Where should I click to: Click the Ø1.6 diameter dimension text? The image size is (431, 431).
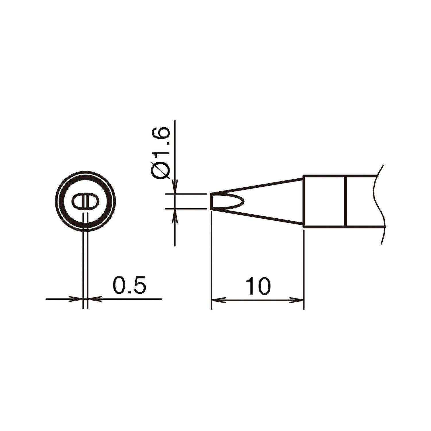coord(162,154)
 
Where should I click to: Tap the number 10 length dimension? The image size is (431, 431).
coord(258,286)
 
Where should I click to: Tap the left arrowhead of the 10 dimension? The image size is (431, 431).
coord(217,300)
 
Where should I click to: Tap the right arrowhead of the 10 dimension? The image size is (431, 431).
coord(298,300)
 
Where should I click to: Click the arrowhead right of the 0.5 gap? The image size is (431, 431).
coord(94,299)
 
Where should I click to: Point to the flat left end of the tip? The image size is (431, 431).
coord(211,201)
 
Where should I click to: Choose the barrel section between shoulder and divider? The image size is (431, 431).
coord(325,201)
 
